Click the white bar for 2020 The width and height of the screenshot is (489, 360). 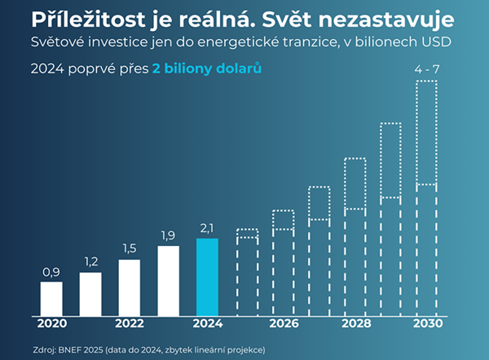[x=51, y=298]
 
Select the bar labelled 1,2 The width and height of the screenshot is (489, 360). [x=90, y=293]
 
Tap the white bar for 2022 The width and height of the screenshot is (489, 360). [x=130, y=287]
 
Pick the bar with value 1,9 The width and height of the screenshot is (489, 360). [x=169, y=280]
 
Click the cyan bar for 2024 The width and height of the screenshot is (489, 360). [x=208, y=276]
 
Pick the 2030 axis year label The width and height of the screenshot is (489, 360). [x=427, y=323]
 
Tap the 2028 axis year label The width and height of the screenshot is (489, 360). [x=355, y=323]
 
